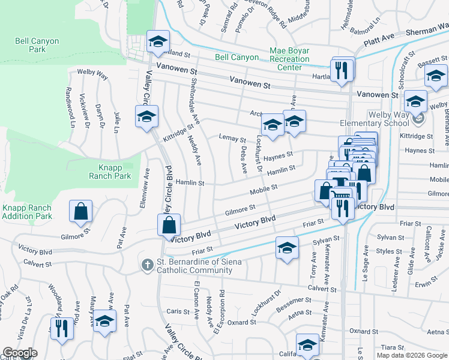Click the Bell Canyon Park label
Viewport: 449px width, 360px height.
click(x=30, y=45)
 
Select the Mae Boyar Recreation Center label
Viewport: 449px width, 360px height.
click(x=289, y=59)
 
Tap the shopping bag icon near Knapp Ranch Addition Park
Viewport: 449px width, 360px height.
click(x=80, y=212)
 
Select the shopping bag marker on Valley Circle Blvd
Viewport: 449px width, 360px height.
click(x=169, y=226)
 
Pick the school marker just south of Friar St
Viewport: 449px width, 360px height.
click(x=287, y=248)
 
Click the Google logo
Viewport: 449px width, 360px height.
click(x=20, y=353)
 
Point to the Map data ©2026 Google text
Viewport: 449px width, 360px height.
click(x=412, y=355)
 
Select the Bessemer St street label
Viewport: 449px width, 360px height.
click(x=292, y=308)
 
